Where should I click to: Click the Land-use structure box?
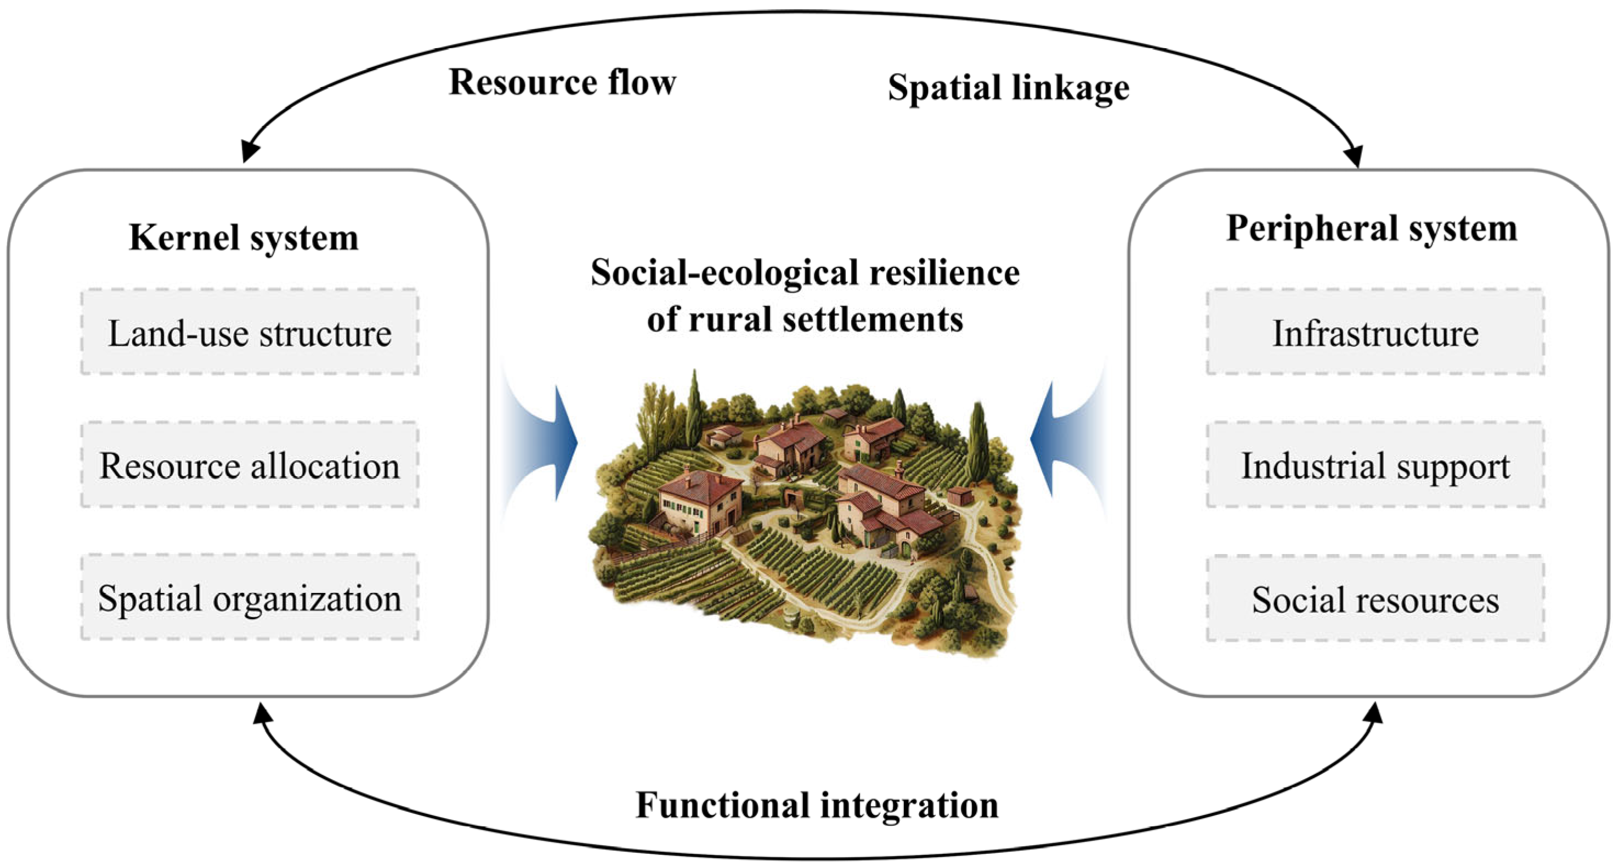250,332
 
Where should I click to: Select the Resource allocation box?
250,465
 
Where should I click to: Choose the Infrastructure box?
1375,332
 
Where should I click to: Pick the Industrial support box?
1375,465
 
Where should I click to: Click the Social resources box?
1375,598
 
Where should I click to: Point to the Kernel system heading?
244,237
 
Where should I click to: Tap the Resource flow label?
562,82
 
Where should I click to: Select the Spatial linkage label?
1008,87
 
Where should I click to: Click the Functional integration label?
817,805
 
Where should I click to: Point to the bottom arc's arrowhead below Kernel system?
262,713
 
